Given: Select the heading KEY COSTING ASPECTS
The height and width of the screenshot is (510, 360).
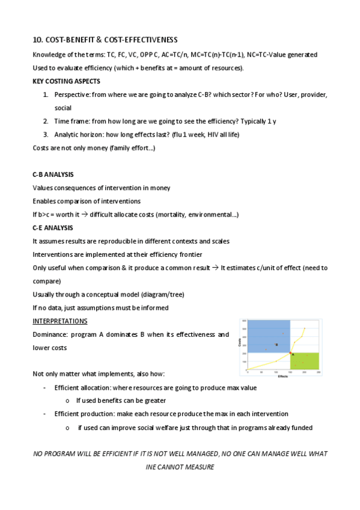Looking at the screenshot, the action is click(66, 81).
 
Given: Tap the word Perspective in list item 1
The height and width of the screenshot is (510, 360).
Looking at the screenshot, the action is click(71, 95).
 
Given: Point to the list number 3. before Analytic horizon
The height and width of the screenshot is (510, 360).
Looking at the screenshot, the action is click(46, 134).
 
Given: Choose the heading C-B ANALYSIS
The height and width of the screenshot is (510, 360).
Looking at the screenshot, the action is click(53, 174).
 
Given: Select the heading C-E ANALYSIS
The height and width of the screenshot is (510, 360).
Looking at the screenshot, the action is click(53, 228).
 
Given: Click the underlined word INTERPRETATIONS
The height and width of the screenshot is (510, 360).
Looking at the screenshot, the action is click(60, 321).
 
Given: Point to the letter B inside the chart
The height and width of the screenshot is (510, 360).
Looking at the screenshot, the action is click(276, 345).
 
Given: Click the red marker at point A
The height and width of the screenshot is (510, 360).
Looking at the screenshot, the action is click(290, 353).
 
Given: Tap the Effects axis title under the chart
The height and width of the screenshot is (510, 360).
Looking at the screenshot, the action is click(282, 376).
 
